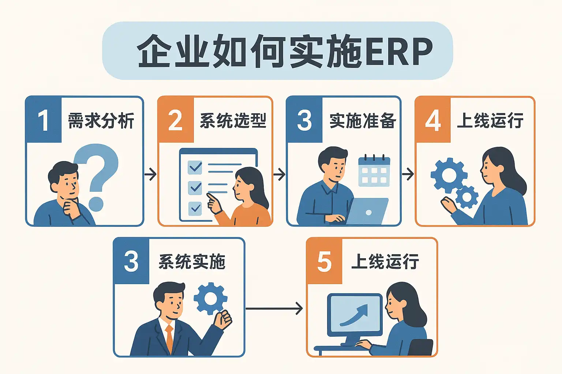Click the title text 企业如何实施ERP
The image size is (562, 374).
285,51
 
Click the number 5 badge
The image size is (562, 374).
324,262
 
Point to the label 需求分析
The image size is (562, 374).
101,121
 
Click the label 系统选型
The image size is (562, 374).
233,121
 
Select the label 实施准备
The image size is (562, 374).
362,121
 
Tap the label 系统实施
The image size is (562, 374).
192,262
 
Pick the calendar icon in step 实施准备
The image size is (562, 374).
374,171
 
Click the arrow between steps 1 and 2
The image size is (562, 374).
150,174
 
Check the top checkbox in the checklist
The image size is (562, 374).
195,167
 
